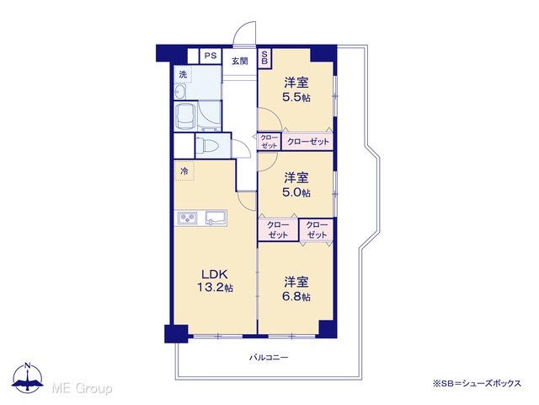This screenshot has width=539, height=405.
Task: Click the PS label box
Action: pyautogui.click(x=211, y=57)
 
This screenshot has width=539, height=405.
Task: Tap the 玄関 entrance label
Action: pyautogui.click(x=239, y=62)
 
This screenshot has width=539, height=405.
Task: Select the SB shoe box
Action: pyautogui.click(x=264, y=57)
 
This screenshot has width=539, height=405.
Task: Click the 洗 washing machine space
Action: pyautogui.click(x=183, y=74)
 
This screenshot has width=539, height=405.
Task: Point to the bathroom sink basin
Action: pyautogui.click(x=180, y=92)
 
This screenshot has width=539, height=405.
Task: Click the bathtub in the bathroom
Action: pyautogui.click(x=185, y=116)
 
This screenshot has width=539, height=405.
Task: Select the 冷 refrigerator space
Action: pyautogui.click(x=184, y=170)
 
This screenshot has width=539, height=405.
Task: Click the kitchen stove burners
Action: pyautogui.click(x=188, y=218)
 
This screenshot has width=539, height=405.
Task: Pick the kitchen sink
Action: pyautogui.click(x=216, y=218)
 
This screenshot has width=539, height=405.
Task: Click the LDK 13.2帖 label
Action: pyautogui.click(x=215, y=281)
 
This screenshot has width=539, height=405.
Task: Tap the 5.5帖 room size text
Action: pyautogui.click(x=296, y=98)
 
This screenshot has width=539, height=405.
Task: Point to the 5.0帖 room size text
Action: pyautogui.click(x=296, y=192)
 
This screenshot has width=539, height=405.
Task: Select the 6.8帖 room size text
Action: pyautogui.click(x=296, y=296)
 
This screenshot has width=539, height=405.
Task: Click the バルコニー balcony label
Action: pyautogui.click(x=269, y=358)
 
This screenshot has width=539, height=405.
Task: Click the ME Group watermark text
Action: pyautogui.click(x=82, y=388)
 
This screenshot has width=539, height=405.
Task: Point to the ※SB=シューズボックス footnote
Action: pyautogui.click(x=477, y=383)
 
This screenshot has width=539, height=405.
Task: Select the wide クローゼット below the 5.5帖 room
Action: pyautogui.click(x=307, y=142)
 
